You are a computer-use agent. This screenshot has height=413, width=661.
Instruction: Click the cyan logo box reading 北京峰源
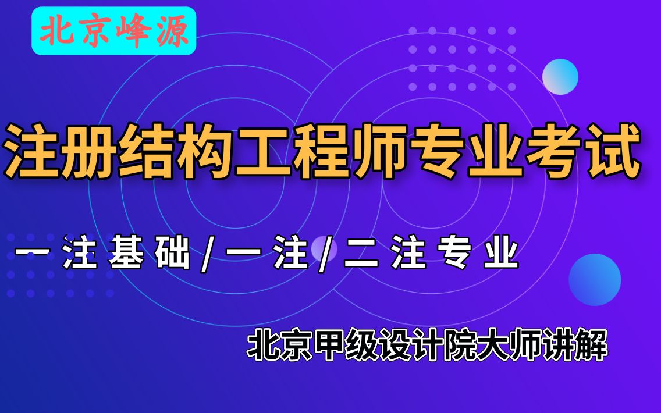click(x=114, y=31)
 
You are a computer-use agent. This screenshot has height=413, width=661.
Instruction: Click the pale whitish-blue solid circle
click(x=560, y=76)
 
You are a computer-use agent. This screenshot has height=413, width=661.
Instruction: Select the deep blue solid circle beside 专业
click(x=594, y=280)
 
